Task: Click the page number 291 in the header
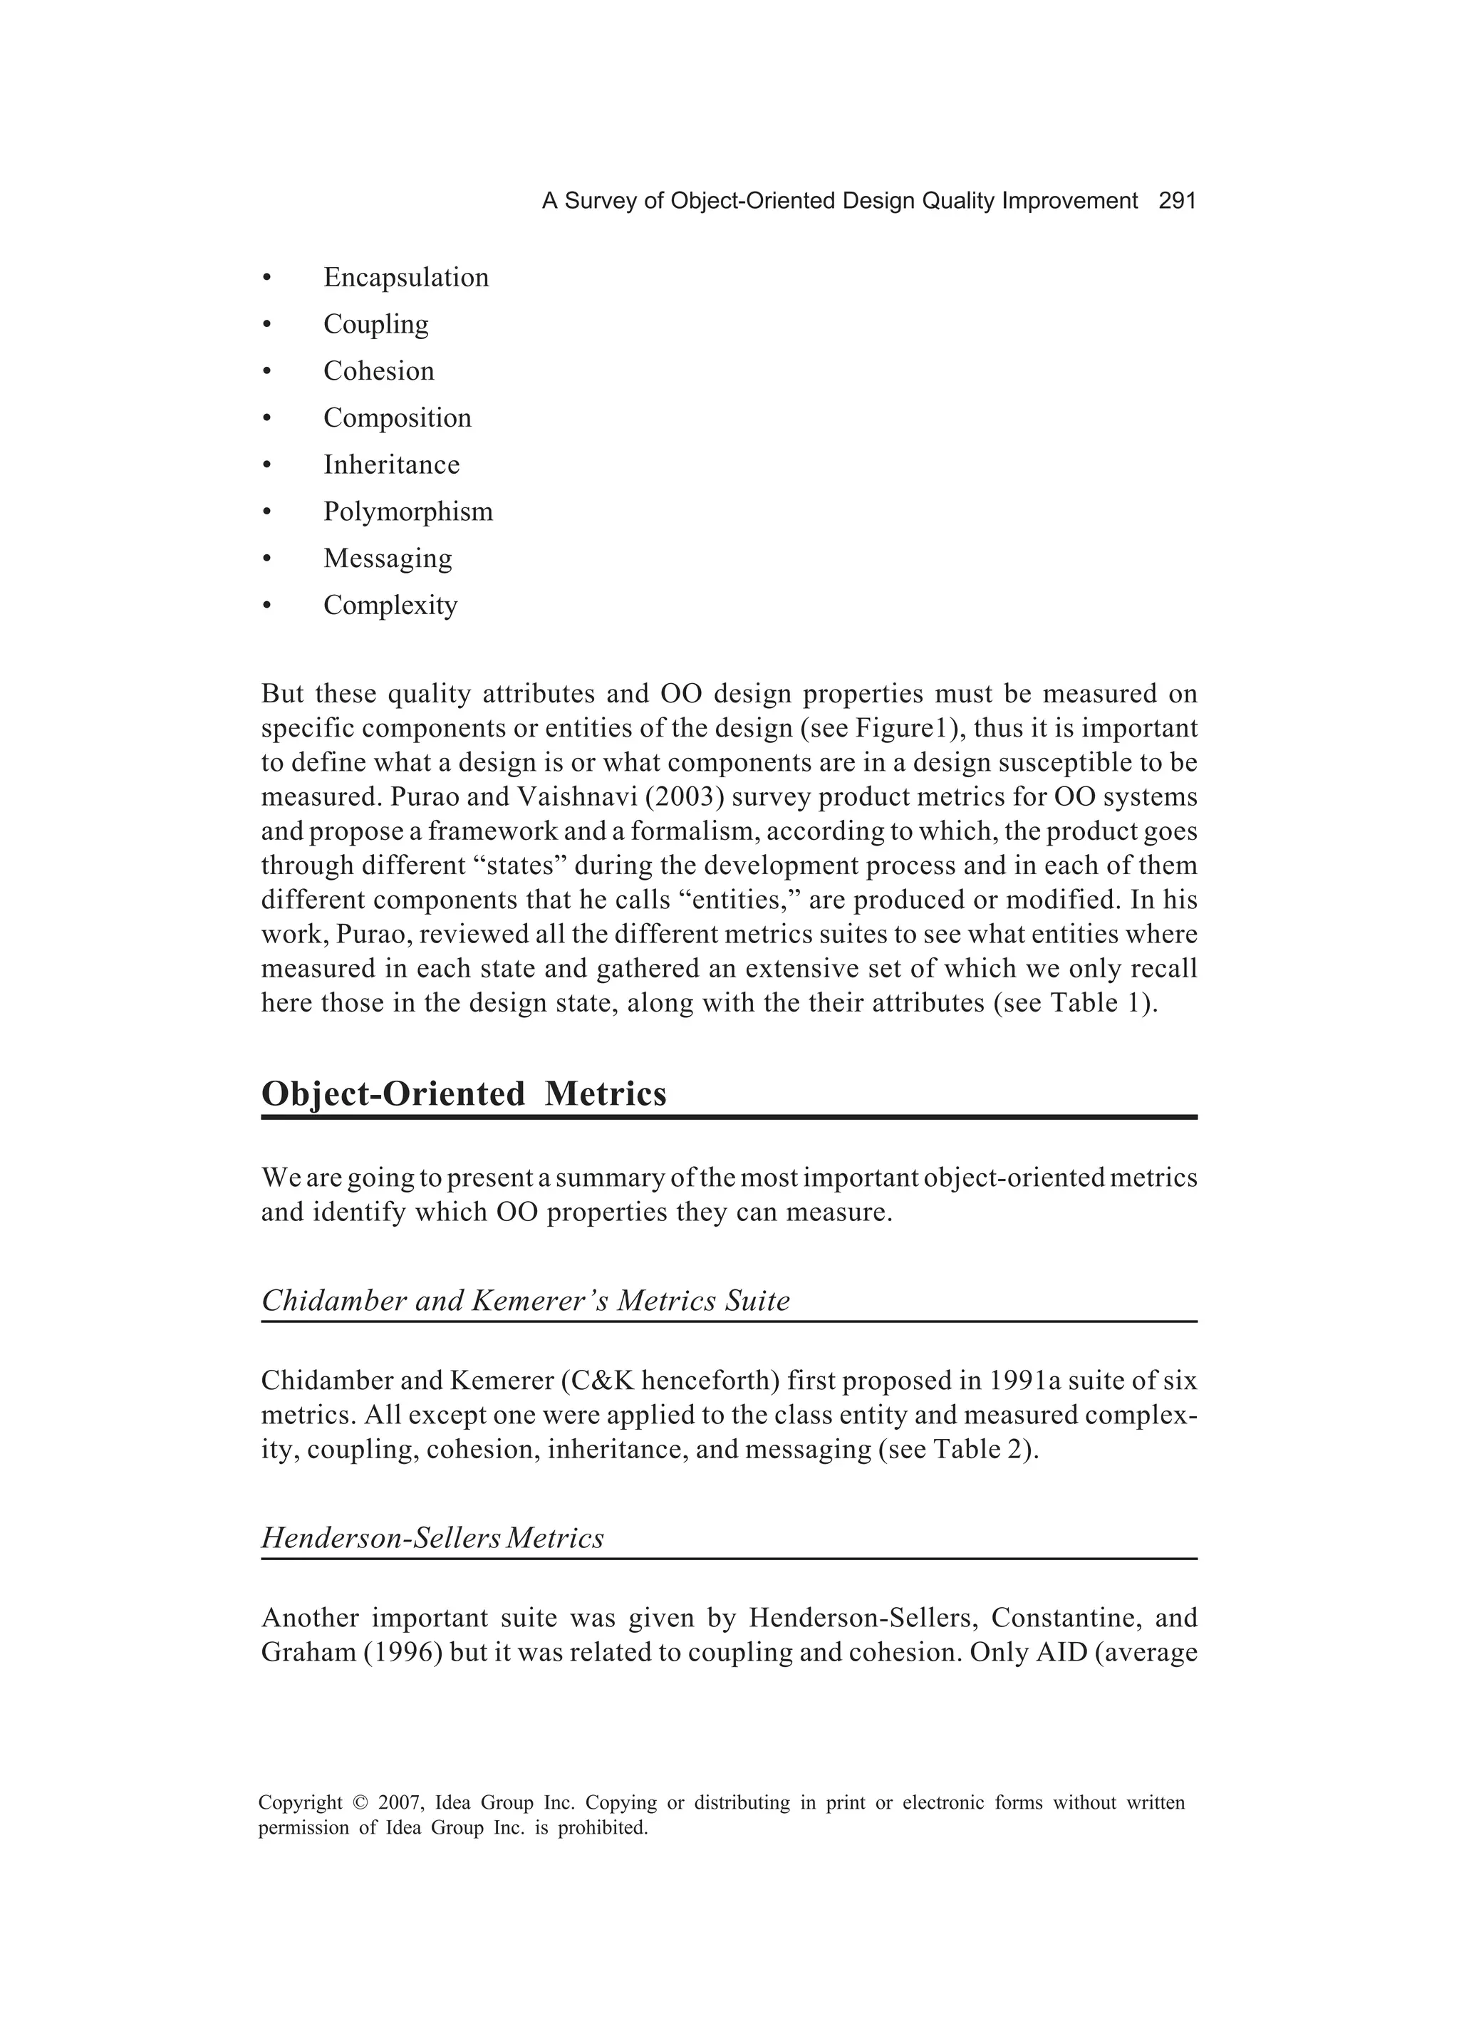(x=1176, y=202)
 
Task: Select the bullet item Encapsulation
(x=405, y=277)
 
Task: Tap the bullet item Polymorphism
(x=407, y=511)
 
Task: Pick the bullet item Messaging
(x=388, y=558)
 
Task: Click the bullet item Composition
(x=397, y=418)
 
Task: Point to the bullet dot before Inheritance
(x=266, y=465)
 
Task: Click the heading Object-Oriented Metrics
(x=464, y=1093)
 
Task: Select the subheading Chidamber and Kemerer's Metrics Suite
(x=525, y=1301)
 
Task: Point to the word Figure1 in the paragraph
(x=905, y=728)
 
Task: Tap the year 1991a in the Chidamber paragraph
(x=1027, y=1381)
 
